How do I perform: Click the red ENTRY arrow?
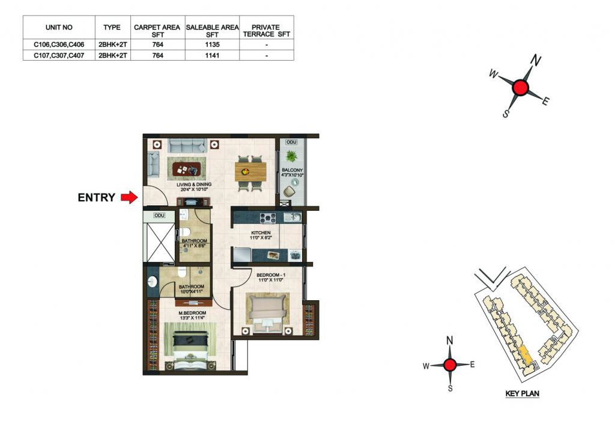pos(129,197)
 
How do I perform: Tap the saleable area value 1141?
pos(212,55)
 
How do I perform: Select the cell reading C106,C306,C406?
pos(59,44)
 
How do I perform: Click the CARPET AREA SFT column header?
pos(157,31)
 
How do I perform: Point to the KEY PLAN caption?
pos(522,393)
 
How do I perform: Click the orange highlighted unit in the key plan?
pos(525,354)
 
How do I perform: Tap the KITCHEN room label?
pos(261,232)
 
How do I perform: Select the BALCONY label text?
pos(292,170)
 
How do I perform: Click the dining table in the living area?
pos(250,171)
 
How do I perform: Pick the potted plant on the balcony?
pos(291,156)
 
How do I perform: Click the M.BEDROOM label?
pos(193,312)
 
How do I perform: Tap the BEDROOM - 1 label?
pos(271,275)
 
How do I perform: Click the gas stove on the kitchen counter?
pos(268,217)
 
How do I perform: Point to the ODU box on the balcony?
pos(291,142)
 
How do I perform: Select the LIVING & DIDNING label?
pos(194,184)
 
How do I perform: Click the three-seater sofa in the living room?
pos(187,145)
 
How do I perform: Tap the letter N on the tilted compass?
pos(536,61)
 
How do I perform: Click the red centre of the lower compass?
pos(450,365)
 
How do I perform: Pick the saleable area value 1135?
pos(212,44)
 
